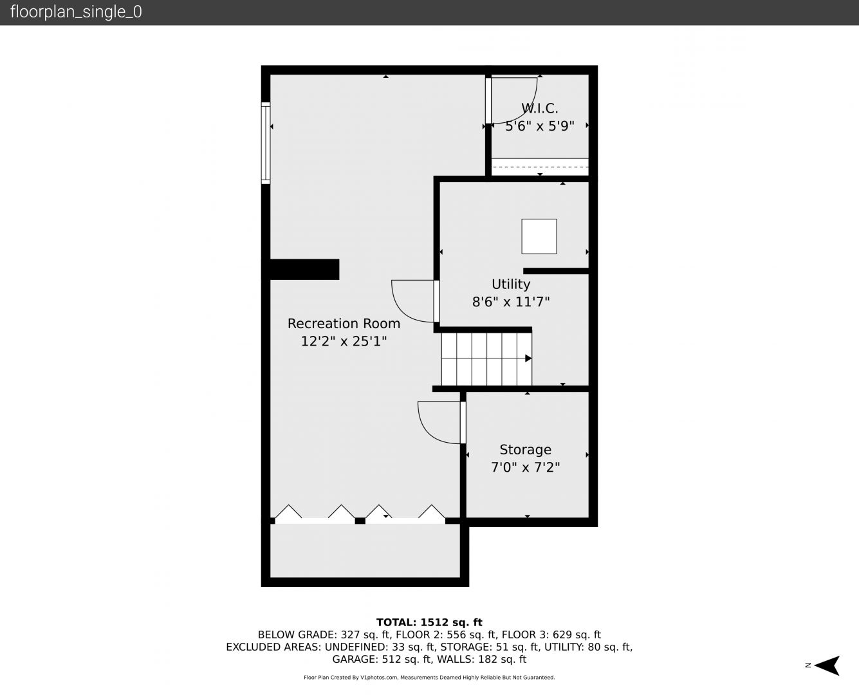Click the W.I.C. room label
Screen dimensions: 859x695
pos(540,108)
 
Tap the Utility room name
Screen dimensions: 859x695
pos(510,284)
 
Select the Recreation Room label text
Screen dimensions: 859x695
pos(344,324)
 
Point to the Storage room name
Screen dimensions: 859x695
pos(525,449)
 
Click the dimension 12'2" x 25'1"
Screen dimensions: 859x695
pos(344,341)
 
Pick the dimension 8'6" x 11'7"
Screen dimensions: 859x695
pos(510,302)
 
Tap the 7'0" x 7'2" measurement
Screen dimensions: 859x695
pos(525,467)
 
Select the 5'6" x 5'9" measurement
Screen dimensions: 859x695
pos(540,126)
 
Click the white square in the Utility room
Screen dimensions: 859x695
pos(539,236)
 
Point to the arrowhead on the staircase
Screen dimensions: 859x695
pos(528,358)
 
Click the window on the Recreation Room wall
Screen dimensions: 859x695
pos(265,144)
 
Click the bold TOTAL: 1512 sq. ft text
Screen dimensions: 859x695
pos(429,622)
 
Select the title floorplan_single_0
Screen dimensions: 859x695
pos(76,12)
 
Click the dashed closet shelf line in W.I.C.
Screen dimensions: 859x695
pos(540,167)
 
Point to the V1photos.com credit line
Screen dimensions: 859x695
pos(429,678)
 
